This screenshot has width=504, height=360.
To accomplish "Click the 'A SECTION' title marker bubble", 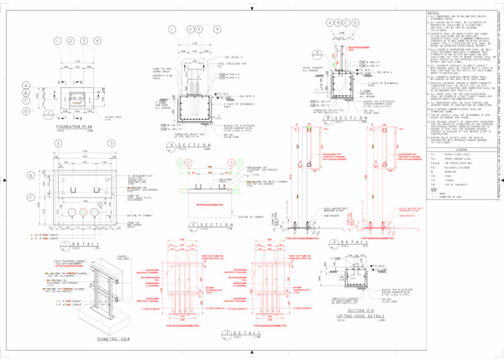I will [171, 146].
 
